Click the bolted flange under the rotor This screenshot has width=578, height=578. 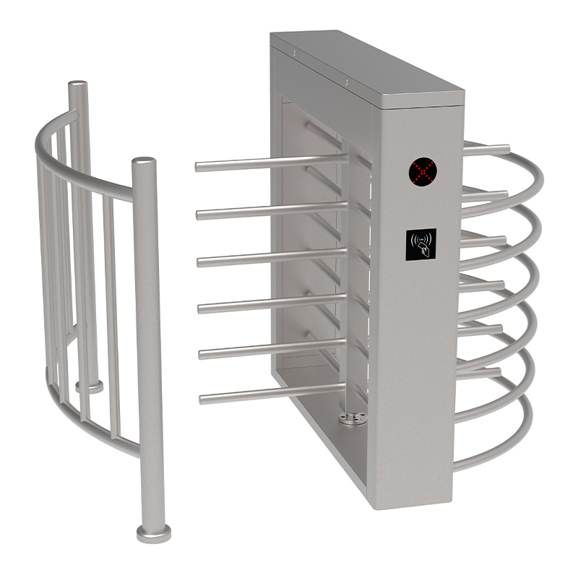pyautogui.click(x=353, y=418)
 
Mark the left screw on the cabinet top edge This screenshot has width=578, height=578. pyautogui.click(x=295, y=51)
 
